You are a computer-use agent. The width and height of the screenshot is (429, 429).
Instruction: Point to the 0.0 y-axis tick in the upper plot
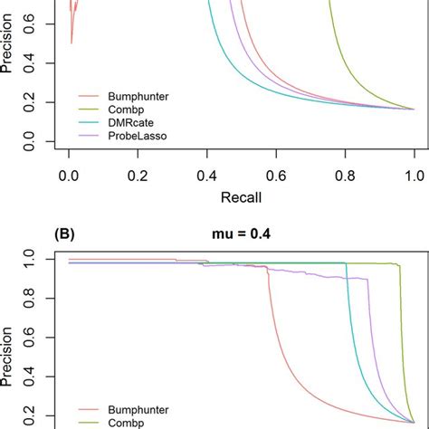(42, 141)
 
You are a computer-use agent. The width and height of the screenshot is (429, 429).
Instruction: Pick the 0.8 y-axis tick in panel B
(42, 294)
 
